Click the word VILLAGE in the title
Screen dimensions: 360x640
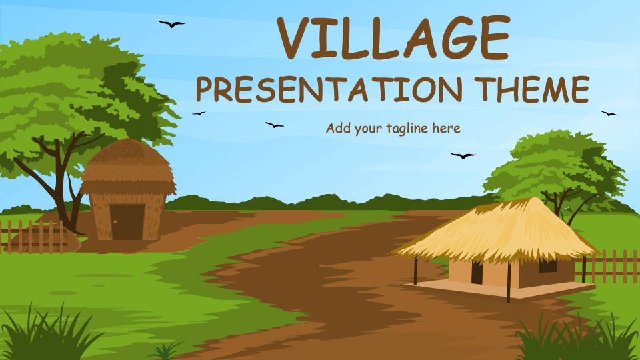click(x=393, y=38)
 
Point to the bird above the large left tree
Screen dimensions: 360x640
click(x=171, y=24)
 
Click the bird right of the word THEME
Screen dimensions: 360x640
click(x=608, y=113)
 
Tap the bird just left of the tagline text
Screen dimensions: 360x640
click(x=274, y=125)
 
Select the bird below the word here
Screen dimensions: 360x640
click(x=463, y=156)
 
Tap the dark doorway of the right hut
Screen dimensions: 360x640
click(x=477, y=272)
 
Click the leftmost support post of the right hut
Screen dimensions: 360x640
click(x=415, y=271)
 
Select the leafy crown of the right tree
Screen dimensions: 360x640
click(x=553, y=163)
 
